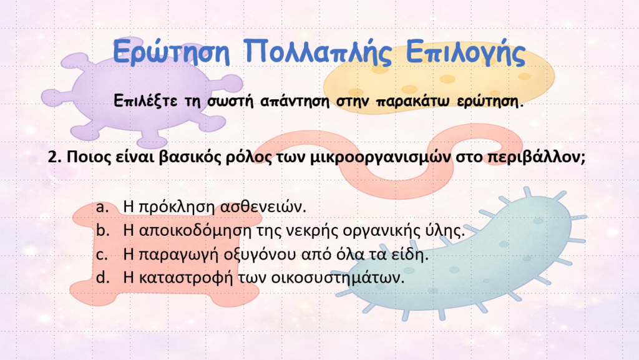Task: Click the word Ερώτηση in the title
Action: [x=171, y=52]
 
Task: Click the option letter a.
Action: [x=102, y=207]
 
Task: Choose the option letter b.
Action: [x=103, y=230]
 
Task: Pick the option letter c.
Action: [x=102, y=255]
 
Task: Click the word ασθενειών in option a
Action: [x=263, y=207]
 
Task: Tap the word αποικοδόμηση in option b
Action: [x=195, y=231]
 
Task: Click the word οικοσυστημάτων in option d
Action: [x=338, y=278]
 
